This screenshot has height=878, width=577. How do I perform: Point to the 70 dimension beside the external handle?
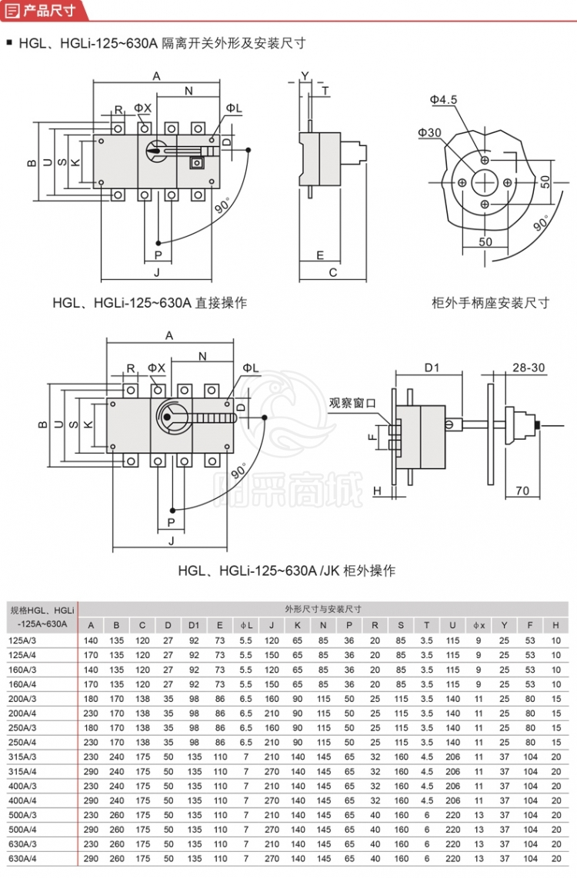click(522, 491)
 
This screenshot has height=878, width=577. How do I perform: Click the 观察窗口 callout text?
click(352, 402)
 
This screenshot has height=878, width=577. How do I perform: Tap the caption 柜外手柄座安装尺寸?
click(491, 303)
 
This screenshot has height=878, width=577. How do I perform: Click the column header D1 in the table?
click(194, 624)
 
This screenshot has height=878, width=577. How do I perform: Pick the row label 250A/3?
click(22, 727)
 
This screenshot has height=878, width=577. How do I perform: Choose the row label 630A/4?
click(22, 858)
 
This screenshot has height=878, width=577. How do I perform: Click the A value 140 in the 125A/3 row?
click(91, 640)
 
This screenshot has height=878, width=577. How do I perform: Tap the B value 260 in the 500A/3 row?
click(117, 814)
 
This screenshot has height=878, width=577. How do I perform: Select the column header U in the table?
click(452, 624)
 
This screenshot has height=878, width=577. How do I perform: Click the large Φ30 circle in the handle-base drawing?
click(485, 182)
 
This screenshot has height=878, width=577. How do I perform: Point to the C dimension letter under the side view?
click(333, 272)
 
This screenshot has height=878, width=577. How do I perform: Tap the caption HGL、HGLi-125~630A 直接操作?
click(150, 303)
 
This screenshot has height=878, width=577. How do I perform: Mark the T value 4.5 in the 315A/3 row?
click(426, 757)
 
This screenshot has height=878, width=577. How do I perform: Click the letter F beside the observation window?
click(372, 437)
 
